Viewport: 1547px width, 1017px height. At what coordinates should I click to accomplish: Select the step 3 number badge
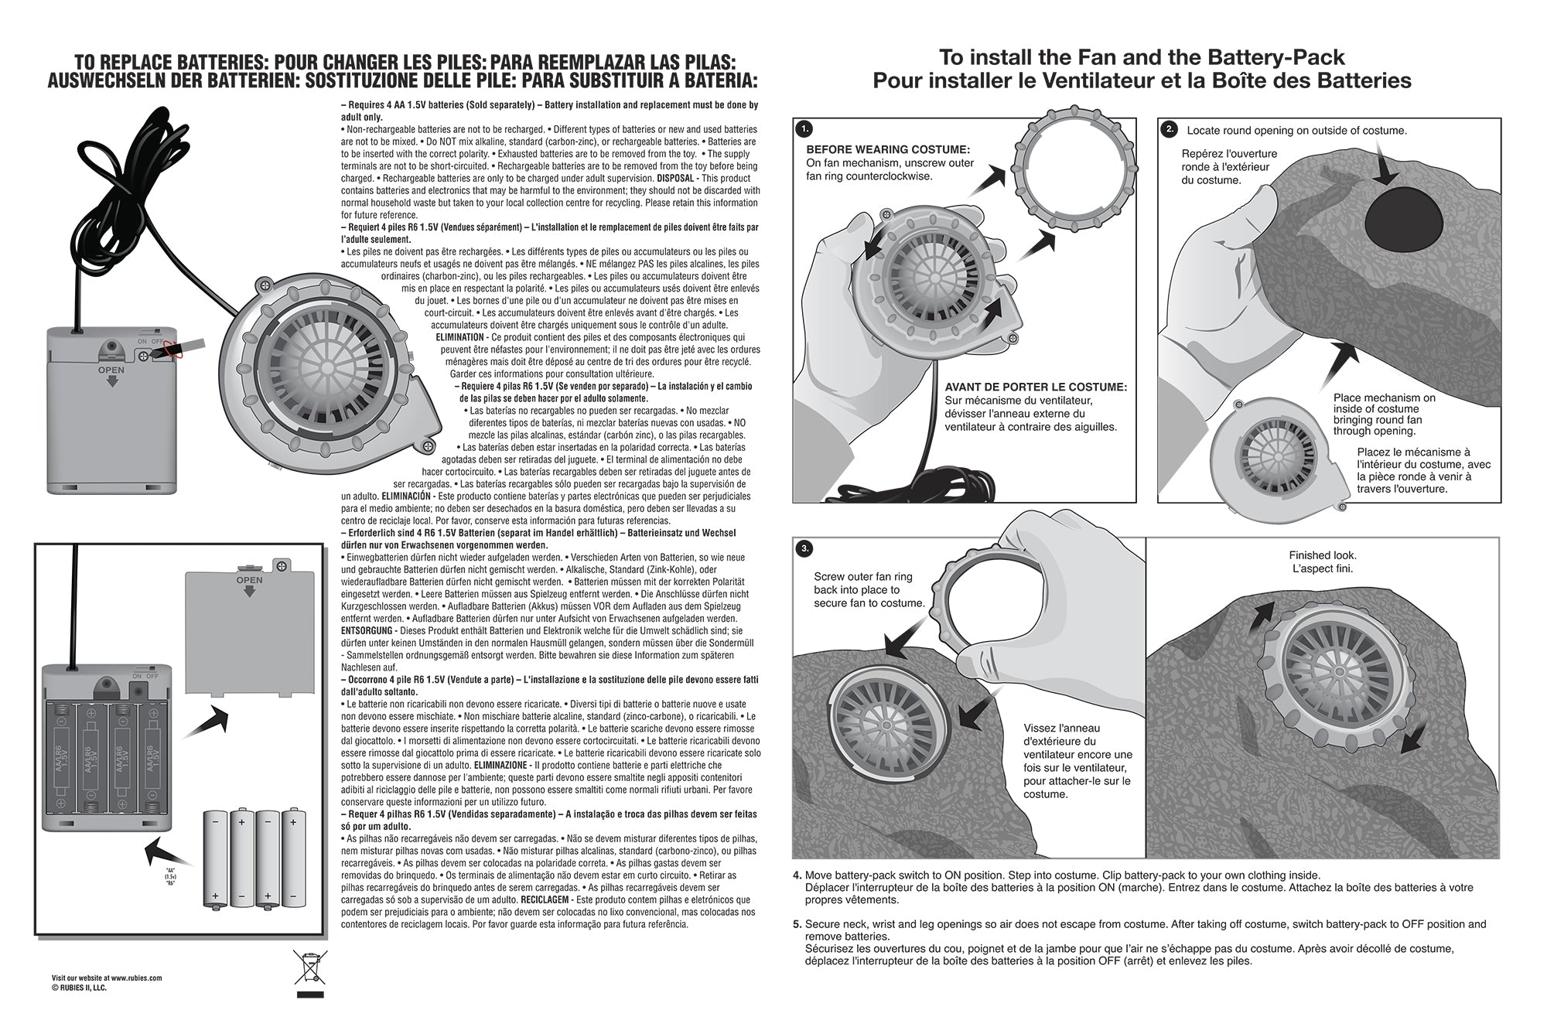(804, 548)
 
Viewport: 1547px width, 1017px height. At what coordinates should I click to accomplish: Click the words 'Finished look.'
(1323, 555)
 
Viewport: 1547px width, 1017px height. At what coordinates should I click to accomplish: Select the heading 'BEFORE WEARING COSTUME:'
(887, 149)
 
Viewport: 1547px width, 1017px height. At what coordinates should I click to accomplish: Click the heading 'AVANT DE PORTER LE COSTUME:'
(1036, 387)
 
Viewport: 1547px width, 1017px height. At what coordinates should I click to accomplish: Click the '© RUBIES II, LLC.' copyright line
(79, 988)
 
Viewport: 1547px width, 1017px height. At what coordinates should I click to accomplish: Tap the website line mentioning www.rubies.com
(107, 978)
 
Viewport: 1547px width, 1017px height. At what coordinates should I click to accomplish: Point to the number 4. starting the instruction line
(797, 875)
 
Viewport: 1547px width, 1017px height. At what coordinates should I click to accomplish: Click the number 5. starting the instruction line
(797, 924)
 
